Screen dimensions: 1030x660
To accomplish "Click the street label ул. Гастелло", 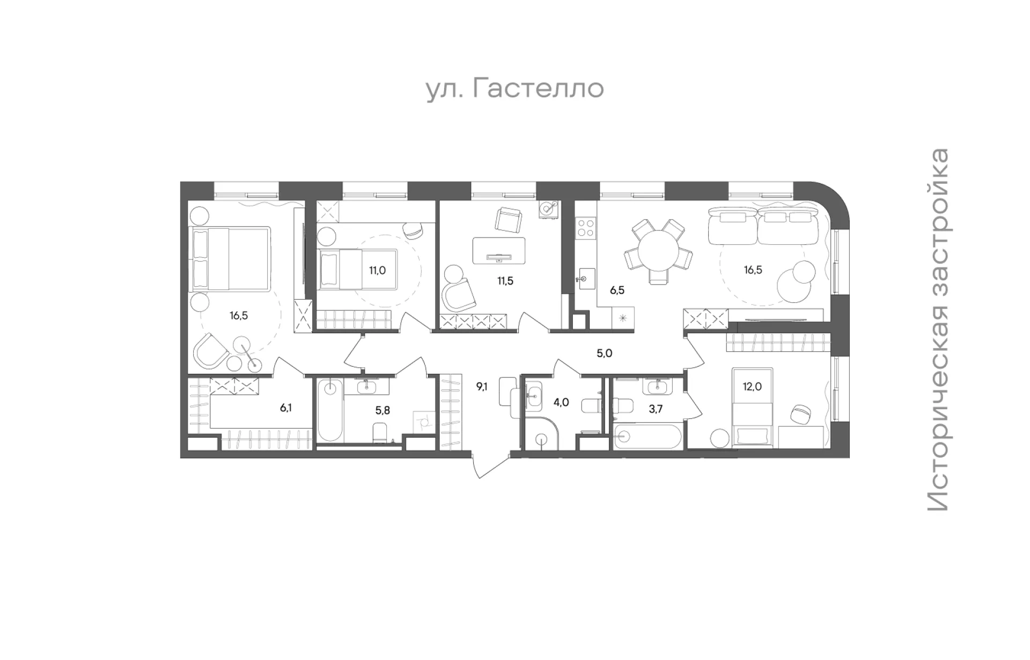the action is click(515, 89).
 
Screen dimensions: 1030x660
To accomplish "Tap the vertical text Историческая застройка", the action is click(938, 330).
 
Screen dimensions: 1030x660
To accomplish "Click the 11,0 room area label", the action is click(377, 270).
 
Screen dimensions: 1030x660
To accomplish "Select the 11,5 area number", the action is click(505, 281).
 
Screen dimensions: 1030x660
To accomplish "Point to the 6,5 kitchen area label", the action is click(617, 291).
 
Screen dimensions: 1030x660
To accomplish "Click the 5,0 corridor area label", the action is click(605, 353).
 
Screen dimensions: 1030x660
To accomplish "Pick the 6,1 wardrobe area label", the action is click(286, 408).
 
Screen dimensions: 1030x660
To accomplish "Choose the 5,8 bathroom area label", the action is click(382, 410).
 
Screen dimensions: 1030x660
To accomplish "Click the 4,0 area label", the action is click(561, 402).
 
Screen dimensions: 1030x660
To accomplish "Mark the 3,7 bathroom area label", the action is click(656, 409).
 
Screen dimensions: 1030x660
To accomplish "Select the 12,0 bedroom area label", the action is click(753, 386).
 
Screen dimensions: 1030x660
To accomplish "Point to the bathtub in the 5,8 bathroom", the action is click(330, 411).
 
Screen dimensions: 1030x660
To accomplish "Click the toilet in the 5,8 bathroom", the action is click(379, 433).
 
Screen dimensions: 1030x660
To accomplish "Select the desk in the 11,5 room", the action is click(499, 251).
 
